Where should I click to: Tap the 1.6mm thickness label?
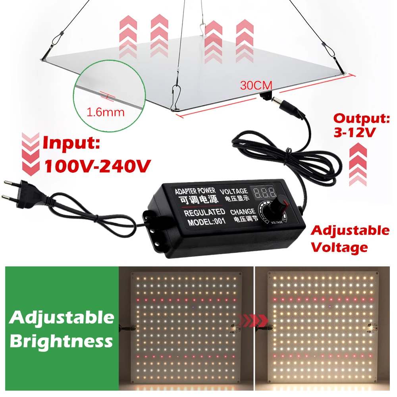point(106,112)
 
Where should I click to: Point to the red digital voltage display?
point(265,194)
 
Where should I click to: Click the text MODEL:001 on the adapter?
point(206,222)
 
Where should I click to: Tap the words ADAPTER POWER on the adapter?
point(195,191)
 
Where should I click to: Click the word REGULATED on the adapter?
point(204,212)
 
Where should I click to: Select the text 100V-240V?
point(97,165)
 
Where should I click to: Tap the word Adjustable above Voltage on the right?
point(350,230)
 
